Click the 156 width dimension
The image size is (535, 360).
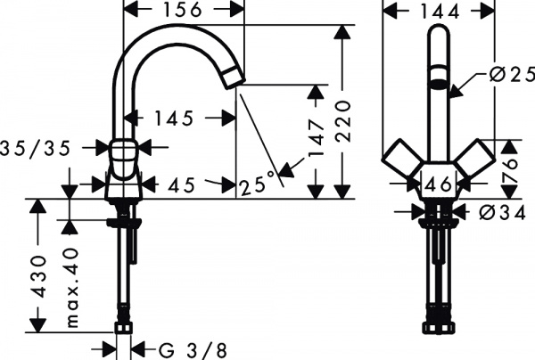[x=184, y=11]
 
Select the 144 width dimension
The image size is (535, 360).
[x=440, y=12]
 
